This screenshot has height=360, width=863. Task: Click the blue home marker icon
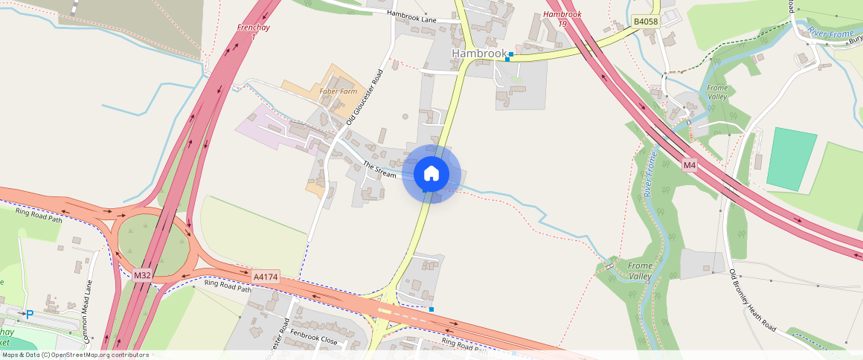[431, 173]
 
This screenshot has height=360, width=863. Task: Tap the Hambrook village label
[479, 54]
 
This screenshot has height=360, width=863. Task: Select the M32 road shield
[143, 275]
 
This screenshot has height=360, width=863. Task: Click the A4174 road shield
[266, 277]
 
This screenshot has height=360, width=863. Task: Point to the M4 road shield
[689, 164]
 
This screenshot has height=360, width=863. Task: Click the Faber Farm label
[334, 91]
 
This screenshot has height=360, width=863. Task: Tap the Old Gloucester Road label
[365, 97]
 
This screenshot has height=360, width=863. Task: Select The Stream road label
[379, 169]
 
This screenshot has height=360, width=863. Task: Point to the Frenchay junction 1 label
[251, 31]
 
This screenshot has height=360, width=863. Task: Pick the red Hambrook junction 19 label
[562, 19]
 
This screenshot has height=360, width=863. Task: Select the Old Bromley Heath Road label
[753, 300]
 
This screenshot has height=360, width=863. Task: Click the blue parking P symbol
[30, 315]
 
